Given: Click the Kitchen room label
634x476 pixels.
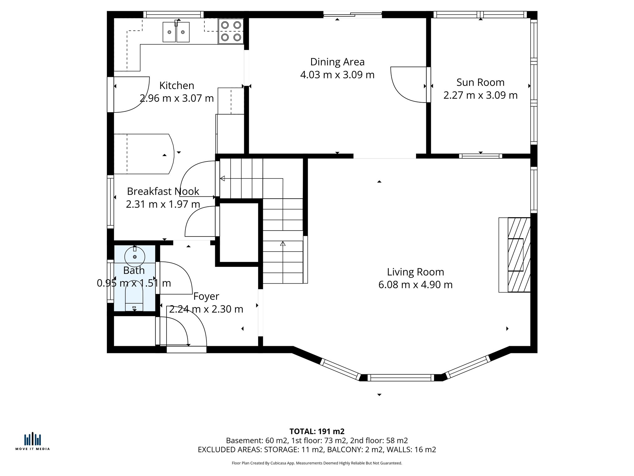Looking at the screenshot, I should (176, 86).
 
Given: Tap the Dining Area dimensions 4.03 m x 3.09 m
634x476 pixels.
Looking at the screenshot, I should (337, 75).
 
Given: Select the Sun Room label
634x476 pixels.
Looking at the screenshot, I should (480, 82).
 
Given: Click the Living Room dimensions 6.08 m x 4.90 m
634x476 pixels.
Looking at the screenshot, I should (415, 284).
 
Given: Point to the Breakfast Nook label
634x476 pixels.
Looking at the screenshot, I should (163, 191).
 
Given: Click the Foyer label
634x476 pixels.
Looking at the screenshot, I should (206, 296).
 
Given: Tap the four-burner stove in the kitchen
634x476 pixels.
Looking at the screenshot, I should (231, 31).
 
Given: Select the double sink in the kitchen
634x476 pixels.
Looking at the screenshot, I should (176, 32).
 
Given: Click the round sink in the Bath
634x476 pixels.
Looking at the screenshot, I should (135, 257).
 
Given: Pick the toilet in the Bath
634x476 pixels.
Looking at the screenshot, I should (134, 298).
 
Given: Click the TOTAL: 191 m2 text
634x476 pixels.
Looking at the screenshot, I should (317, 431).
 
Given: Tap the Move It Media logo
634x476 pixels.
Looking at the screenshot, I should (33, 441).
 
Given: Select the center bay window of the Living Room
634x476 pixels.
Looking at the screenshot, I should (401, 377).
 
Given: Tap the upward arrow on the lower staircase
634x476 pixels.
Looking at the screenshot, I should (283, 244).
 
